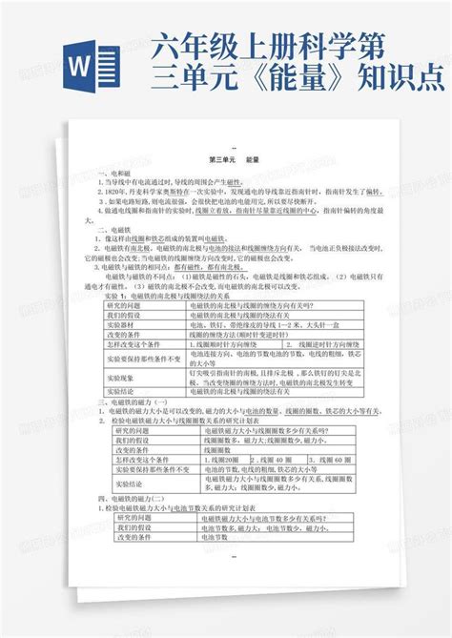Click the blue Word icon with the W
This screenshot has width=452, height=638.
pos(90,71)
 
